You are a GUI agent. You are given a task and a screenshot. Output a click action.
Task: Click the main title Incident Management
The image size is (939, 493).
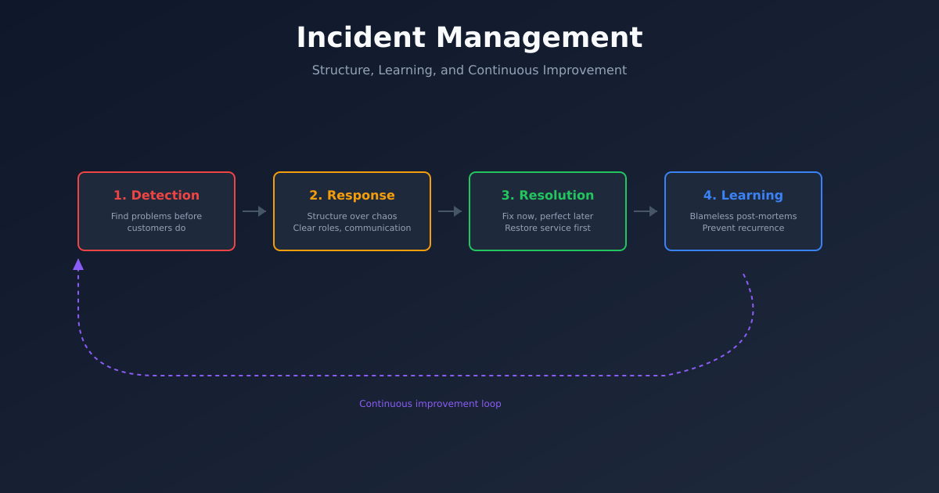click(469, 38)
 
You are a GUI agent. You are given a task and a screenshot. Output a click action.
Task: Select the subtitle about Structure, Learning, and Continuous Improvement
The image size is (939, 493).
click(469, 70)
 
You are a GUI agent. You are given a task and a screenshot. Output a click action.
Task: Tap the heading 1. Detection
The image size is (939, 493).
click(156, 196)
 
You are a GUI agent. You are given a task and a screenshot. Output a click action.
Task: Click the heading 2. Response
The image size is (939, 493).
click(352, 196)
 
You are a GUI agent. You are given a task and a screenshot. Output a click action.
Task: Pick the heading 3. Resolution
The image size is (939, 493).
click(548, 196)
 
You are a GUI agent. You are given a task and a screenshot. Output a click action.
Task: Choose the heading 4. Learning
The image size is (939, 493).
click(743, 196)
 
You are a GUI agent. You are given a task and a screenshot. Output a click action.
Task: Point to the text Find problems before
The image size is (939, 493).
click(156, 217)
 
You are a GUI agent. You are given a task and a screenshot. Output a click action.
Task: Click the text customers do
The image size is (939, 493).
click(156, 229)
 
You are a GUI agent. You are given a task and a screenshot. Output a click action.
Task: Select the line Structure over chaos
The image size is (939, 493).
click(352, 217)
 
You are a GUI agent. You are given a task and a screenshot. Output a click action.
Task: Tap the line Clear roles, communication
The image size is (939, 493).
click(352, 229)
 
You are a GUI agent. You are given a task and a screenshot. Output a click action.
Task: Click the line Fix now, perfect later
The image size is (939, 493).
click(548, 217)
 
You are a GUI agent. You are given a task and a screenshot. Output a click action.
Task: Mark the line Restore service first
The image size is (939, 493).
click(548, 229)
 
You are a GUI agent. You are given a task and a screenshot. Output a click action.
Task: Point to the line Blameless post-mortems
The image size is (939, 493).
click(743, 217)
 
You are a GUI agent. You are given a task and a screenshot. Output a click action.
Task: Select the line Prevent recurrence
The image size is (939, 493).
click(743, 229)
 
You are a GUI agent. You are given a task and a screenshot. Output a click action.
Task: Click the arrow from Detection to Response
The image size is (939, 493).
click(254, 211)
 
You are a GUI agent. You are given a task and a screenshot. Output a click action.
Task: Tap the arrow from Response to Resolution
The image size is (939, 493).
click(450, 211)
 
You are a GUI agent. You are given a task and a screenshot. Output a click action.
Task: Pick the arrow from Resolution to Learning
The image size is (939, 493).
click(646, 211)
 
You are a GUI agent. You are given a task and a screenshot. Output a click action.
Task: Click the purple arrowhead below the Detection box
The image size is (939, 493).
click(78, 264)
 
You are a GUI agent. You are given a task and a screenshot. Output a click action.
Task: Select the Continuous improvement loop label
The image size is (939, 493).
click(430, 404)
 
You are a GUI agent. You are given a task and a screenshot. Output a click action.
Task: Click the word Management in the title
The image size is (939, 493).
click(539, 38)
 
